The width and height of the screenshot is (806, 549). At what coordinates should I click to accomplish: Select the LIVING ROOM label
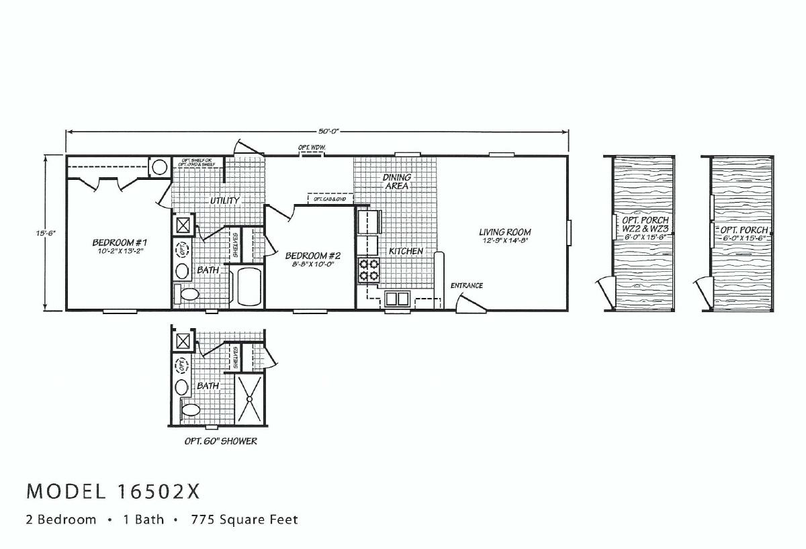tap(505, 232)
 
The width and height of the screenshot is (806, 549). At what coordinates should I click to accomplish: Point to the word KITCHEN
tap(406, 251)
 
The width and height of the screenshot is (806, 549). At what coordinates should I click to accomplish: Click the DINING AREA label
tap(396, 181)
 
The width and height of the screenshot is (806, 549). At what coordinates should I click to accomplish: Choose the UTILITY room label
tap(224, 201)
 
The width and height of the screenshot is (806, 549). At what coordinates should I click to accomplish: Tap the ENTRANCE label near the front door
tap(466, 286)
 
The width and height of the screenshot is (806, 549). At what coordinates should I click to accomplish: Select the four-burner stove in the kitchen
tap(369, 268)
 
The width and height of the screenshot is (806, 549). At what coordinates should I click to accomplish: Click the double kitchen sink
tap(398, 297)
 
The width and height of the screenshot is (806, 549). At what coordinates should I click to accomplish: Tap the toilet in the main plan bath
tap(187, 294)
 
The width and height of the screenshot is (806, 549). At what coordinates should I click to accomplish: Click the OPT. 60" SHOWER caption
tap(220, 442)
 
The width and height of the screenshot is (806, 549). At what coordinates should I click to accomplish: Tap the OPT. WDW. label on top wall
tap(312, 147)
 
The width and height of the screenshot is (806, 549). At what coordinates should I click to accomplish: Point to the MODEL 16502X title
tap(113, 492)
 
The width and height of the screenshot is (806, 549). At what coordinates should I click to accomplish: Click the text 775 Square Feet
tap(244, 519)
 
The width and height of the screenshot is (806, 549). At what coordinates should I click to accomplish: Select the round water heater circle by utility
tap(159, 166)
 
